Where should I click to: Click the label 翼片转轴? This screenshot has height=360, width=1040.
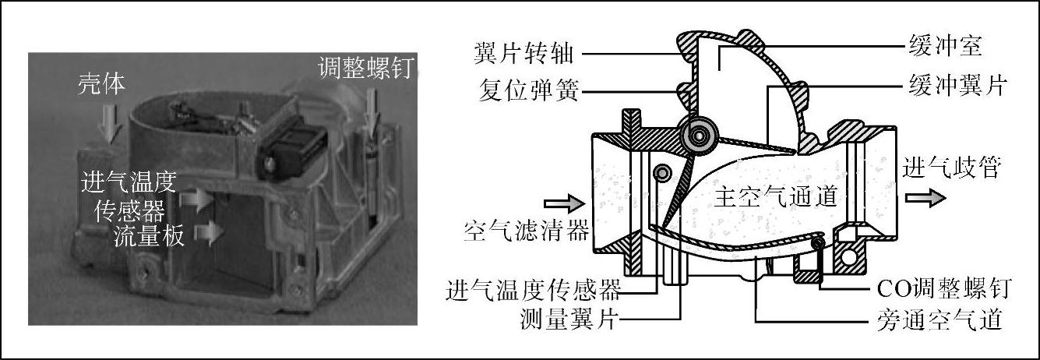[x=524, y=54]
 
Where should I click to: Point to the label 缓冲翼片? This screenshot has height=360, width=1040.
[x=957, y=86]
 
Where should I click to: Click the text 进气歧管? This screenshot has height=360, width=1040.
[x=951, y=168]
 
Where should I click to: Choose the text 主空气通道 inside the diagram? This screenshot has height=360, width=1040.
[x=776, y=196]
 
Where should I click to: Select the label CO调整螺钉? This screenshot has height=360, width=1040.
[x=944, y=288]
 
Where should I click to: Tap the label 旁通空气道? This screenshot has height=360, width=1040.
[x=940, y=320]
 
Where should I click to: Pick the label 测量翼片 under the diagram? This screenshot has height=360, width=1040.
[x=569, y=319]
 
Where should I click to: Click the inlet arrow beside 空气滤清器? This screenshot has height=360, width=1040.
[x=564, y=203]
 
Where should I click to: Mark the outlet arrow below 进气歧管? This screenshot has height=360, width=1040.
[x=925, y=199]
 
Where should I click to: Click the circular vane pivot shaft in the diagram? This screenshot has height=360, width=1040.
[x=698, y=135]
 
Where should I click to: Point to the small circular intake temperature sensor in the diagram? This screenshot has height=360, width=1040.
[x=662, y=173]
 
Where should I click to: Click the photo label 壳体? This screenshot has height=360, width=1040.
[x=101, y=84]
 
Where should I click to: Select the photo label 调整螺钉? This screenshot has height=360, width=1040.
[x=366, y=69]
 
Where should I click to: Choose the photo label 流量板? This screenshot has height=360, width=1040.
[x=150, y=235]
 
